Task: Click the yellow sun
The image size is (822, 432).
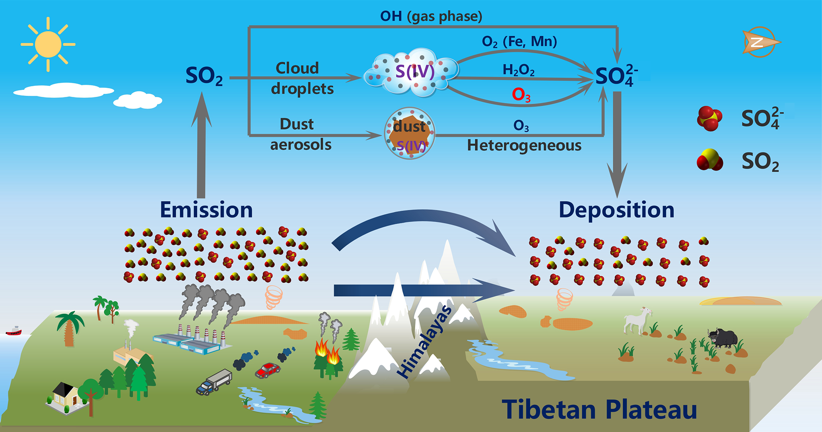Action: pos(48,44)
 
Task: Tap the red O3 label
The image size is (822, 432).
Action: pos(521,95)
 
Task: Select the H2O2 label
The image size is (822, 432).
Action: pos(518,70)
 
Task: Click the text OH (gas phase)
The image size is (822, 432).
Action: pos(431,16)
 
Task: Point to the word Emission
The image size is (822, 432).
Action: pos(206,209)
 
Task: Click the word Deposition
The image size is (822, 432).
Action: pos(616,209)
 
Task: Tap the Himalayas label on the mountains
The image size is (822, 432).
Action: pos(425,342)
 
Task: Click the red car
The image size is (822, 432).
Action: pos(267,370)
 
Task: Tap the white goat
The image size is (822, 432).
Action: pos(637,320)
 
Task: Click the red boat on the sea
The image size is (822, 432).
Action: pos(14,331)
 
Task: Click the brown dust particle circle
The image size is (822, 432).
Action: pos(410,134)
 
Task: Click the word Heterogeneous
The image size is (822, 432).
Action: pos(524,145)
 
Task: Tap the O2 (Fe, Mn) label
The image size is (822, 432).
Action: pos(519,41)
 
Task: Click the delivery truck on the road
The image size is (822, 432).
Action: pos(215,382)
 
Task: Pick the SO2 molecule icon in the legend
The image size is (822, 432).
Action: pos(710,161)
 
